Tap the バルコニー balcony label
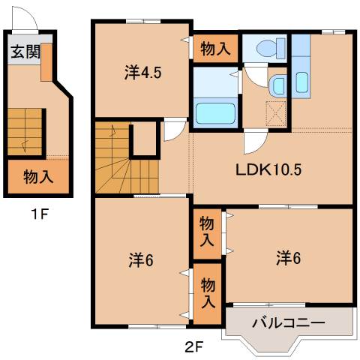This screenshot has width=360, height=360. pyautogui.click(x=288, y=324)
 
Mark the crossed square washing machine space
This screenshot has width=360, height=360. pyautogui.click(x=276, y=114)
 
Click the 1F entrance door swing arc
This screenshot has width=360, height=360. pyautogui.click(x=26, y=18)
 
